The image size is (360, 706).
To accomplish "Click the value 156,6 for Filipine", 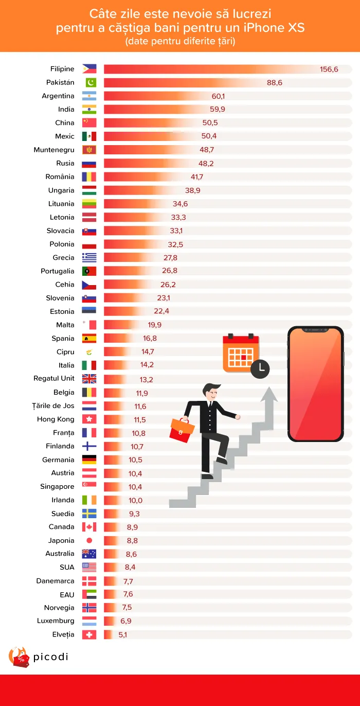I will click(329, 69).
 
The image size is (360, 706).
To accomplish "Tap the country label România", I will click(60, 177).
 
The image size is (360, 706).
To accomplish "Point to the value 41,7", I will click(196, 177).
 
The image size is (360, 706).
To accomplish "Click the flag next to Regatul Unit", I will click(89, 379).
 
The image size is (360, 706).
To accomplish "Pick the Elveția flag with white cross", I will click(89, 635).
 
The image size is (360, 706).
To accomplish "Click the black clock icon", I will click(260, 367).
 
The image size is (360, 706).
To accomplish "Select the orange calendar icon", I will click(240, 353).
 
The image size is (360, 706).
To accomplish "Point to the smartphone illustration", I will click(315, 384).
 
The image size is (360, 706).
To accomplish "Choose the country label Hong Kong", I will click(56, 419).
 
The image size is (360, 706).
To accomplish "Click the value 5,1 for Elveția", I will click(123, 635).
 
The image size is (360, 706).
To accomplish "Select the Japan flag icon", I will click(89, 541).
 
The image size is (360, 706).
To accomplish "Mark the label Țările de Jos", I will click(53, 406).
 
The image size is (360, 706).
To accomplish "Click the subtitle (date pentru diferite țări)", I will click(180, 42).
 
